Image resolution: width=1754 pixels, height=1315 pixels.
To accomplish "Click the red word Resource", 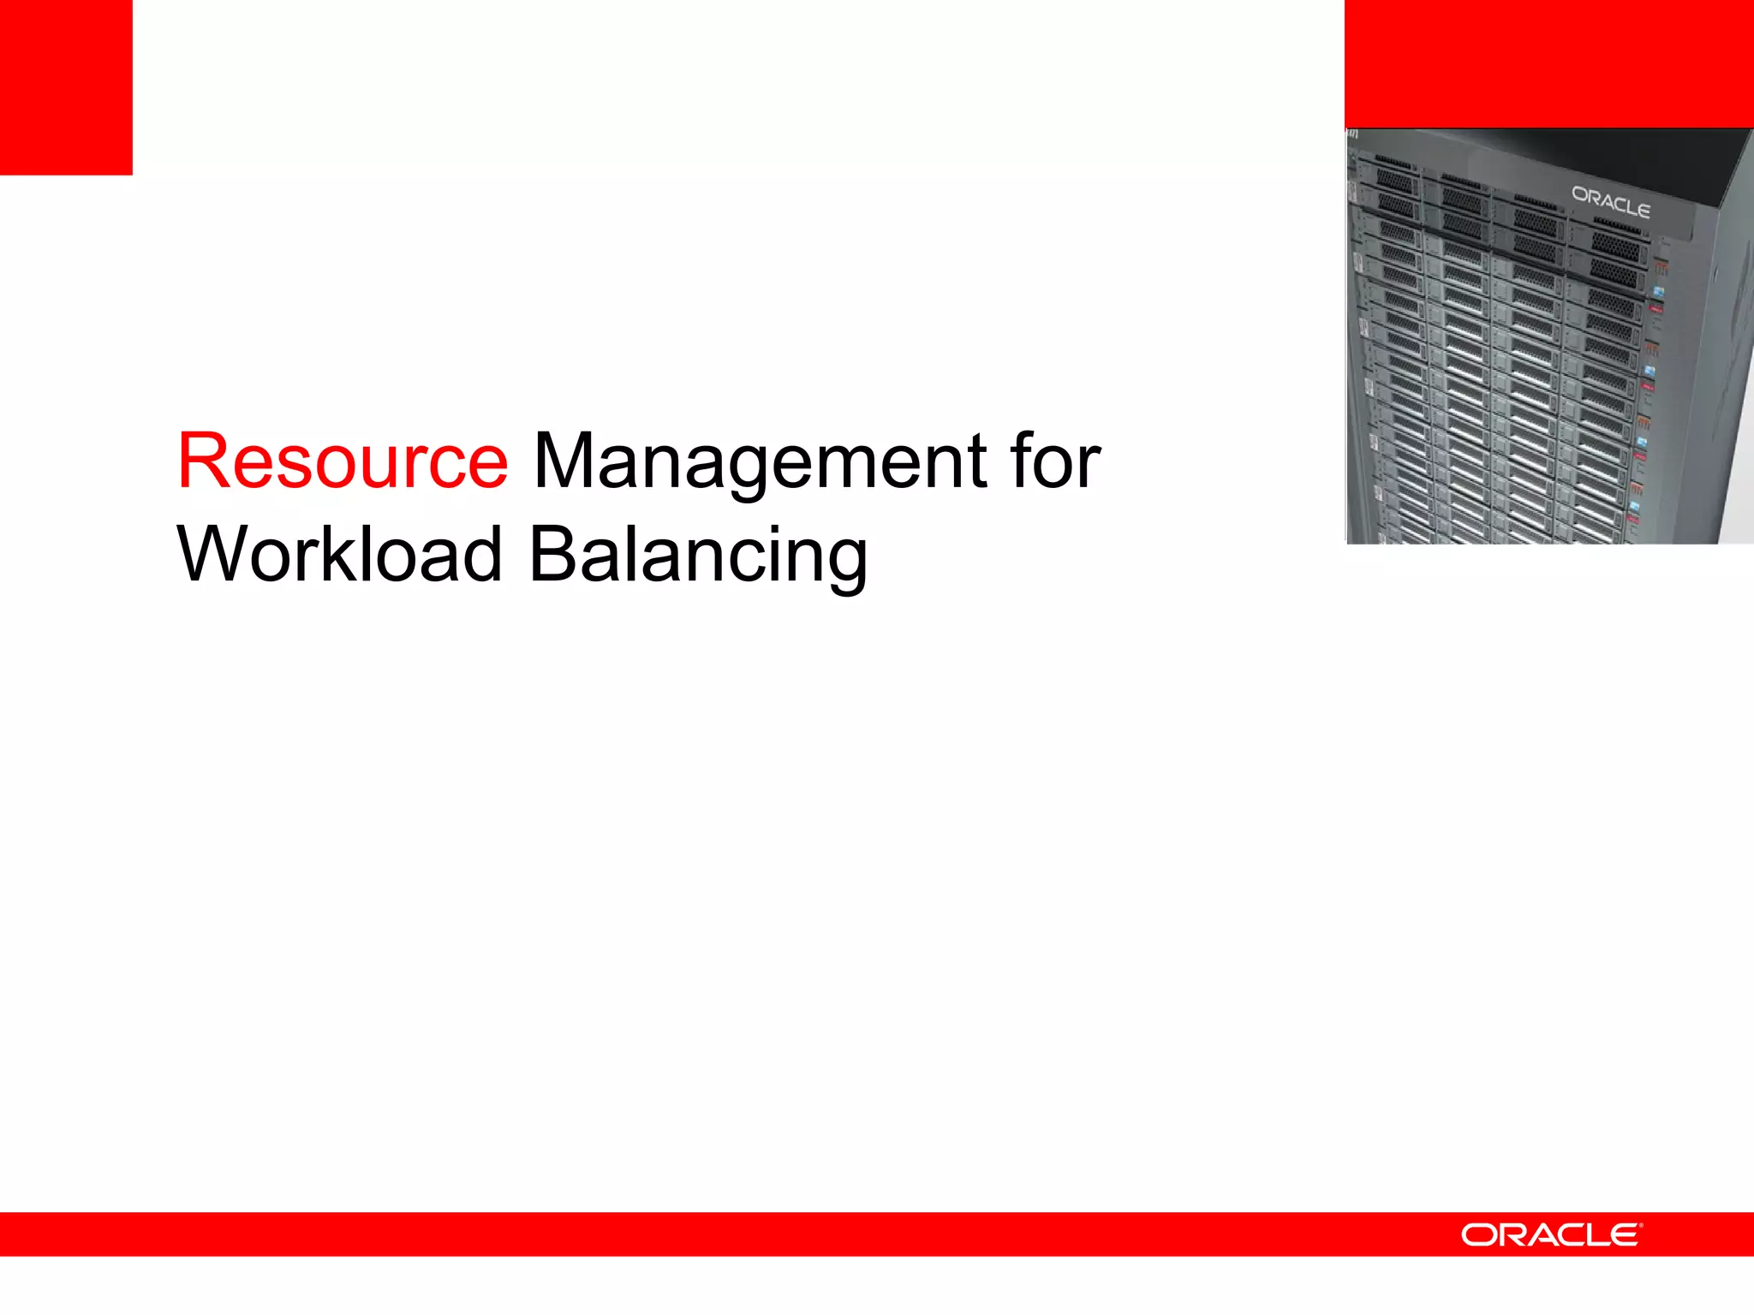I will pyautogui.click(x=343, y=462).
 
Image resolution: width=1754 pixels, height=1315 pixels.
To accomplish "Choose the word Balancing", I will pyautogui.click(x=698, y=556).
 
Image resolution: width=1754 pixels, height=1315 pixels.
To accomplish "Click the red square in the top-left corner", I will pyautogui.click(x=66, y=86).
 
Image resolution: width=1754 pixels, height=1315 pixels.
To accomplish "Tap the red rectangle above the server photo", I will pyautogui.click(x=1548, y=63).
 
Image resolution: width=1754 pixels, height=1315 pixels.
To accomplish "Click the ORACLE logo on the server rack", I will pyautogui.click(x=1610, y=202).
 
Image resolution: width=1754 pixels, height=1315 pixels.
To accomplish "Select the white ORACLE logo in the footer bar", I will pyautogui.click(x=1550, y=1235).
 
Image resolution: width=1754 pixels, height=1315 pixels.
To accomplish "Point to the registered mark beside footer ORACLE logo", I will pyautogui.click(x=1640, y=1226).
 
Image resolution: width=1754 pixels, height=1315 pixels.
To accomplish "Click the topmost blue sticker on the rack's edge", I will pyautogui.click(x=1659, y=292).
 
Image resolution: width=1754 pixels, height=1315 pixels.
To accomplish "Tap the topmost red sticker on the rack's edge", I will pyautogui.click(x=1656, y=308).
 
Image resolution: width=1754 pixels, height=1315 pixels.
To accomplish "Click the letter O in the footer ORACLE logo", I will pyautogui.click(x=1478, y=1235).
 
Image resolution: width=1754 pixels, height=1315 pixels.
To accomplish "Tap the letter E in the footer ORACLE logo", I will pyautogui.click(x=1623, y=1235).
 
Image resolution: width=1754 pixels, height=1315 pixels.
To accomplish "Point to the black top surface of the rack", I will pyautogui.click(x=1627, y=150).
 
